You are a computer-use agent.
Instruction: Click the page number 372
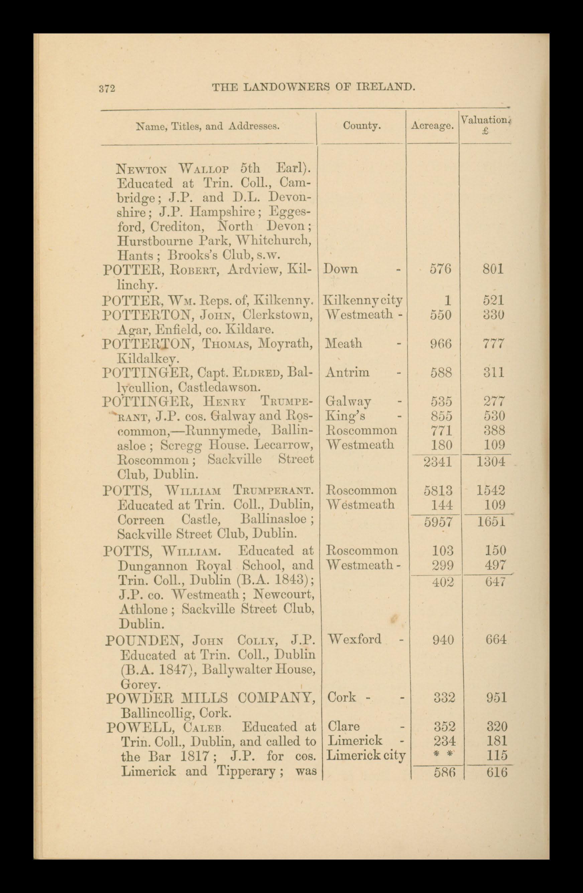(x=107, y=89)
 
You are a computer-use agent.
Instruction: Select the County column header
(x=361, y=126)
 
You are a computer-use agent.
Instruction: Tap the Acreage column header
(x=432, y=126)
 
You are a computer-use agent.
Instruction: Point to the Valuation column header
(x=485, y=121)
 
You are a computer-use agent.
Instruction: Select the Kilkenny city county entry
(x=362, y=300)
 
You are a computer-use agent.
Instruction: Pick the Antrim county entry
(x=347, y=372)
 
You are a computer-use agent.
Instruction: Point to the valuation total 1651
(x=491, y=522)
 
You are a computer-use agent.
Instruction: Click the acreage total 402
(x=443, y=582)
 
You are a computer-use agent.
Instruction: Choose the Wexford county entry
(x=354, y=639)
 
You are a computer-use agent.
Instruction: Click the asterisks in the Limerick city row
(x=443, y=755)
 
